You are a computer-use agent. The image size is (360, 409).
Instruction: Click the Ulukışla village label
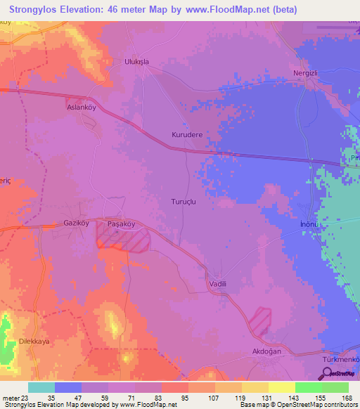tap(138, 61)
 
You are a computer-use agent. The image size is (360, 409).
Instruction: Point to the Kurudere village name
tap(186, 134)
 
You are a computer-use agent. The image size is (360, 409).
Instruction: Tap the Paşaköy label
tap(120, 223)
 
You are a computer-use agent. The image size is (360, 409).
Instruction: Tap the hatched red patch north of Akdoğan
tap(261, 319)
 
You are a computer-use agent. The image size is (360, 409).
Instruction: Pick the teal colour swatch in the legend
tap(41, 387)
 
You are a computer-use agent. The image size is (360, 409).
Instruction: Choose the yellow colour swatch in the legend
tap(281, 387)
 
